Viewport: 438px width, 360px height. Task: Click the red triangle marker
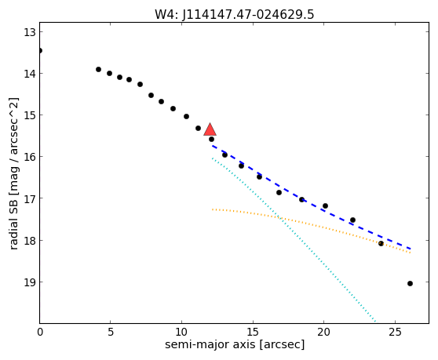pyautogui.click(x=210, y=129)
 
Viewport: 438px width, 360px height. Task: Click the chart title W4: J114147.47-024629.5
pyautogui.click(x=235, y=14)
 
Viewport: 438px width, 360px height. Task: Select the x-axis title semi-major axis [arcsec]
pyautogui.click(x=235, y=344)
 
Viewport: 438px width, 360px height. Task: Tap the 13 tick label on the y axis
pyautogui.click(x=29, y=32)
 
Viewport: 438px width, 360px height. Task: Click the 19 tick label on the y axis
pyautogui.click(x=29, y=282)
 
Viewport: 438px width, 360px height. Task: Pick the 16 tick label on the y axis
pyautogui.click(x=29, y=157)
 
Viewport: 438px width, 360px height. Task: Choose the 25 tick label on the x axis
pyautogui.click(x=395, y=332)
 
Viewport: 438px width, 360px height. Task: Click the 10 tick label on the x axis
pyautogui.click(x=181, y=332)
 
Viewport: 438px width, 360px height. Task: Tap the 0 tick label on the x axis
pyautogui.click(x=40, y=332)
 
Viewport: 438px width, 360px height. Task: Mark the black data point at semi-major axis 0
pyautogui.click(x=40, y=50)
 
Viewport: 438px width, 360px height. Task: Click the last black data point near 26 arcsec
pyautogui.click(x=410, y=284)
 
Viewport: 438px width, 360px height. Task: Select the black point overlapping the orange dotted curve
pyautogui.click(x=381, y=243)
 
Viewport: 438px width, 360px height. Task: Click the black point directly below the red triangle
pyautogui.click(x=211, y=139)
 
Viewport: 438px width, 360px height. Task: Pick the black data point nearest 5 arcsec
pyautogui.click(x=110, y=73)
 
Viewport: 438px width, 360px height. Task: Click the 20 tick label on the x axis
pyautogui.click(x=323, y=332)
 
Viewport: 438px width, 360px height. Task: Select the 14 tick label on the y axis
pyautogui.click(x=29, y=74)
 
